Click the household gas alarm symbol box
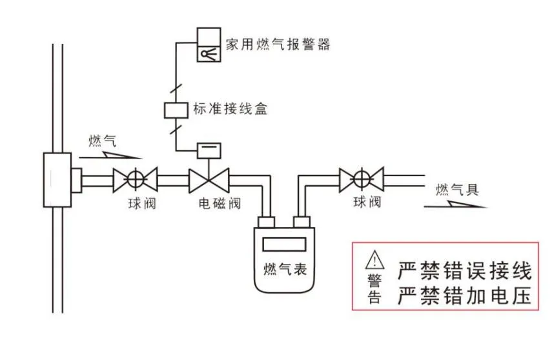[x=209, y=45]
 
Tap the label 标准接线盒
[x=230, y=109]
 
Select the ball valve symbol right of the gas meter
[x=362, y=175]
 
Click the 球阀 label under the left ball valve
[x=142, y=205]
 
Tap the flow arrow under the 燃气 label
[x=114, y=155]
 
